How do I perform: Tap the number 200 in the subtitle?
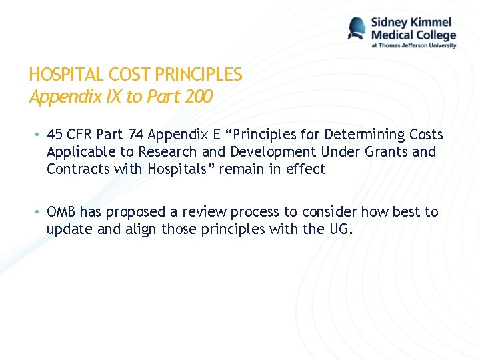tap(198, 97)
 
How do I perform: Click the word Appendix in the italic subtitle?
tap(57, 97)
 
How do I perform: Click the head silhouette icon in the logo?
tap(357, 29)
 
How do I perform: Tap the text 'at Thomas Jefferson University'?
tap(413, 46)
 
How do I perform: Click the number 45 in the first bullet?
tap(55, 135)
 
